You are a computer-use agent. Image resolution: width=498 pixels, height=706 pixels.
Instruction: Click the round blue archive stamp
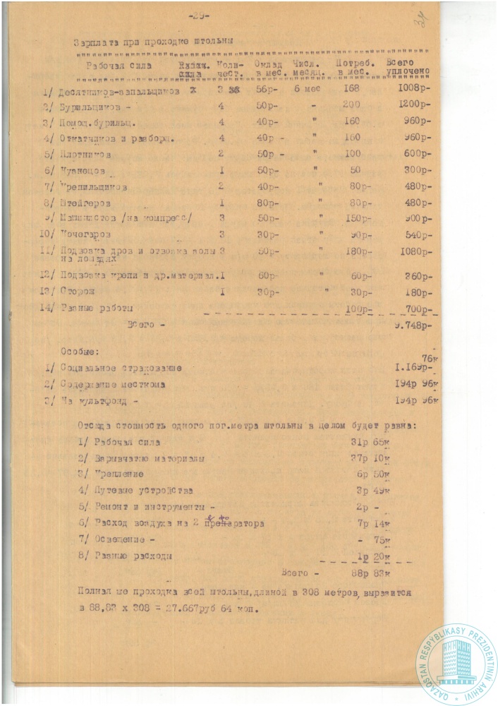[x=456, y=662]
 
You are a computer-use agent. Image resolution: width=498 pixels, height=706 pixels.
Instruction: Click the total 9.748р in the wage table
[x=414, y=325]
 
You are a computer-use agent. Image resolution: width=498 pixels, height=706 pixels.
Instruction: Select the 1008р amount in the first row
[x=414, y=91]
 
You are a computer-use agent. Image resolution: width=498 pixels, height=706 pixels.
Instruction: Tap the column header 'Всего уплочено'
[x=410, y=68]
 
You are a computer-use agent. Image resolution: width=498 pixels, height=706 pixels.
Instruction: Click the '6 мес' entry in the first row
[x=308, y=91]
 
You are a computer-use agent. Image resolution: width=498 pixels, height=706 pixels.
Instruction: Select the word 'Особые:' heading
[x=78, y=350]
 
